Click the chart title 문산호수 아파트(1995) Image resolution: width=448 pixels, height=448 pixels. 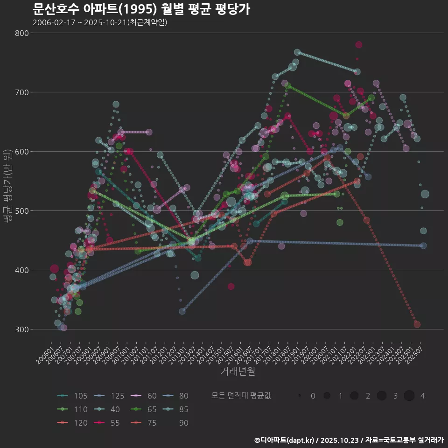click(x=141, y=9)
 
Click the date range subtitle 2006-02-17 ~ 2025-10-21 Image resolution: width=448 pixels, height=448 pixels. click(x=100, y=22)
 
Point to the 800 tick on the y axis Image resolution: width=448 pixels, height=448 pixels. click(x=22, y=33)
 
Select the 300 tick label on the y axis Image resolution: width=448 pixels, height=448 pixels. click(x=22, y=329)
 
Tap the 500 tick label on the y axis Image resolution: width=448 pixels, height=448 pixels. click(x=22, y=211)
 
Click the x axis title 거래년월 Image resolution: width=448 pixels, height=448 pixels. click(x=238, y=371)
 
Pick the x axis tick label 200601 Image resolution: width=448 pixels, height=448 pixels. click(x=45, y=353)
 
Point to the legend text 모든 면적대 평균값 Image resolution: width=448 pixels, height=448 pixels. click(x=241, y=396)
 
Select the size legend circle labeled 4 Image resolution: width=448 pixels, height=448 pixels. click(x=409, y=396)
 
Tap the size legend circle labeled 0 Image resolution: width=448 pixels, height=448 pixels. click(x=300, y=396)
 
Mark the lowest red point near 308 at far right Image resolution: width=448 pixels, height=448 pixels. click(x=417, y=324)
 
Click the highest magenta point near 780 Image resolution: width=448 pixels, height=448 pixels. click(x=358, y=45)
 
